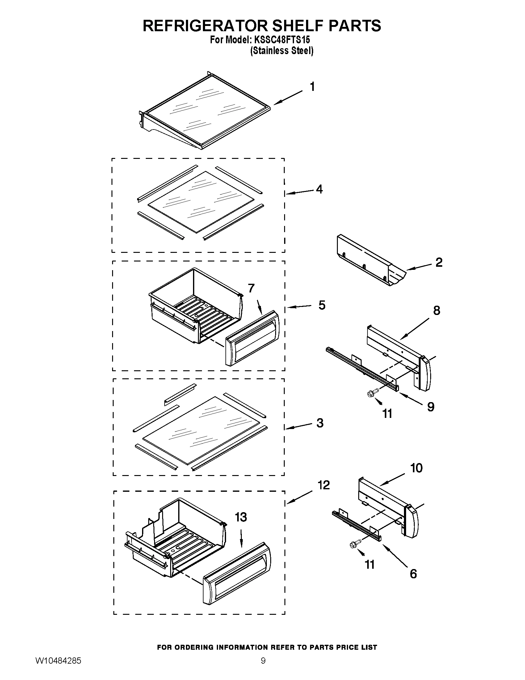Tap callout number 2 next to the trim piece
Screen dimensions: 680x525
pos(439,262)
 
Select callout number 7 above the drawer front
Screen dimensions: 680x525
pos(251,288)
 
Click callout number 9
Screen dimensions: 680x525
pos(430,406)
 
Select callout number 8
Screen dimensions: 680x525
pos(437,310)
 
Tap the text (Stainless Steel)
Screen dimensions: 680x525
pos(282,51)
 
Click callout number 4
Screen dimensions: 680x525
pos(319,189)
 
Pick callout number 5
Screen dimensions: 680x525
pos(322,305)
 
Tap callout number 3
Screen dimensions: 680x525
pos(320,423)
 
